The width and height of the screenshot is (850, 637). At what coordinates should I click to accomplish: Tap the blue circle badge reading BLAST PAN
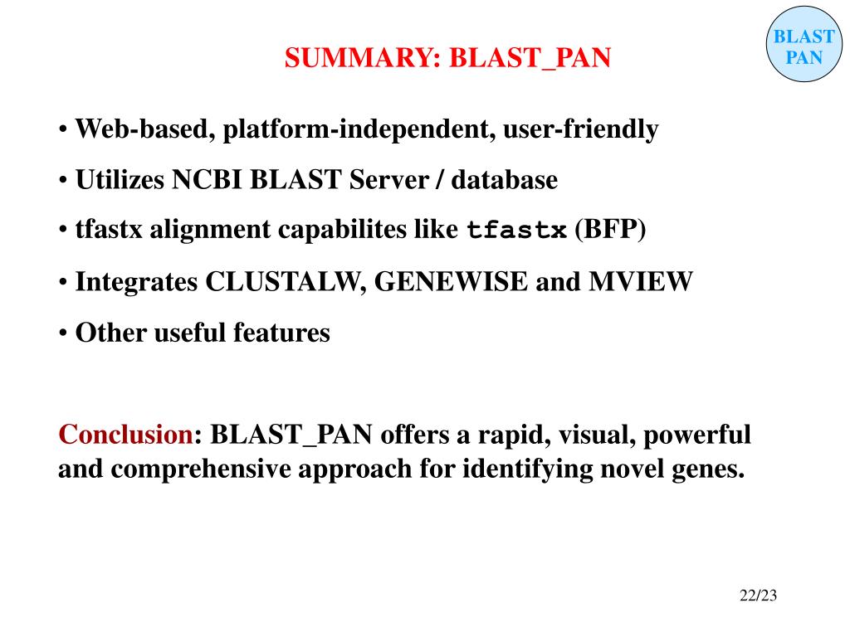[804, 46]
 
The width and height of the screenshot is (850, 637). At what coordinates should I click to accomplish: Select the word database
[505, 180]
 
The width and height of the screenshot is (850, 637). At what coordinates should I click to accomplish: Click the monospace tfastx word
[517, 231]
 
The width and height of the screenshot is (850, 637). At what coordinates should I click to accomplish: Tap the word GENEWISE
[452, 282]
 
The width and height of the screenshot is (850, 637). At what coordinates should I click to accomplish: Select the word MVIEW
[640, 282]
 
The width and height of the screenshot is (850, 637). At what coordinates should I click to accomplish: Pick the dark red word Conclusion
[125, 434]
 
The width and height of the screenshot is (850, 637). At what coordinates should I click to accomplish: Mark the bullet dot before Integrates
[63, 283]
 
